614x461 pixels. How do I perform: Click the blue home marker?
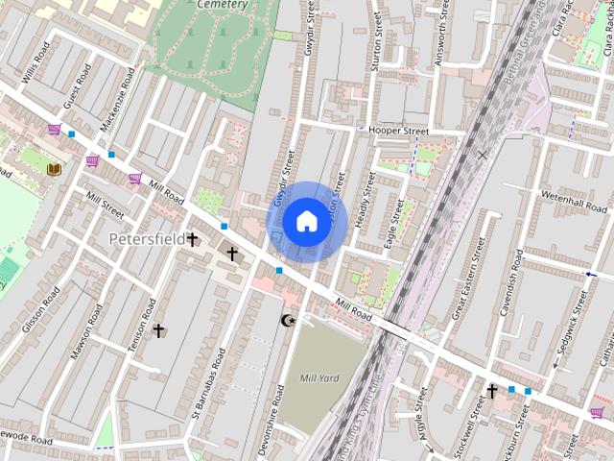[306, 222]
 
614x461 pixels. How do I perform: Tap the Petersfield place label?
[146, 237]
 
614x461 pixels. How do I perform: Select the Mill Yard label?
[319, 378]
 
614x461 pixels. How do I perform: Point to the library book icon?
[54, 169]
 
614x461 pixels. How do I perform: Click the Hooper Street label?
[398, 131]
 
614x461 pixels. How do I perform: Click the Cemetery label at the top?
[223, 5]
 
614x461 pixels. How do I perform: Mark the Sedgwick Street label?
[566, 328]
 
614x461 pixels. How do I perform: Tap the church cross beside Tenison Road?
[159, 331]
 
